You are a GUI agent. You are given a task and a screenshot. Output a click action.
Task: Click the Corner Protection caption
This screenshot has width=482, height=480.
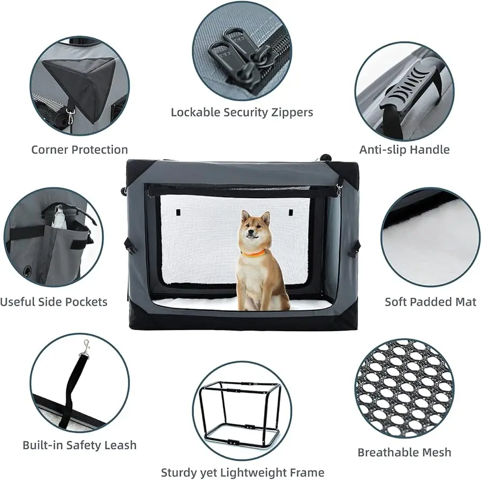point(79,149)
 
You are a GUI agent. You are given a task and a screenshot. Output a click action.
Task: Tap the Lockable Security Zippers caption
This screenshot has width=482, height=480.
point(242,112)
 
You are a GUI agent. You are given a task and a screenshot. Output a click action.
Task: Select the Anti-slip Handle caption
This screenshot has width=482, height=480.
point(404,149)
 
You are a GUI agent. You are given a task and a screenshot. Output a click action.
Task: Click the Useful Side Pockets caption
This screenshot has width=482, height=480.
point(54,302)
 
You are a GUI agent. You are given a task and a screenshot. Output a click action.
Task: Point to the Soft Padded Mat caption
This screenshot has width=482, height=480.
point(431,302)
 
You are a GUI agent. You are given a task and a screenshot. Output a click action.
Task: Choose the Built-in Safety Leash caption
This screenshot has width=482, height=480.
point(79,445)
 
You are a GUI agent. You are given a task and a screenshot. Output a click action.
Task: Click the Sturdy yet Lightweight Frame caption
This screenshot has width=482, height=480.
point(242,472)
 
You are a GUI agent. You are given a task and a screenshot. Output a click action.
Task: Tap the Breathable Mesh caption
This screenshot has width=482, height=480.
point(404,453)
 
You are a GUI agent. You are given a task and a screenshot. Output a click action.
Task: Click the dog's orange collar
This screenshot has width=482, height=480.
point(253,252)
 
